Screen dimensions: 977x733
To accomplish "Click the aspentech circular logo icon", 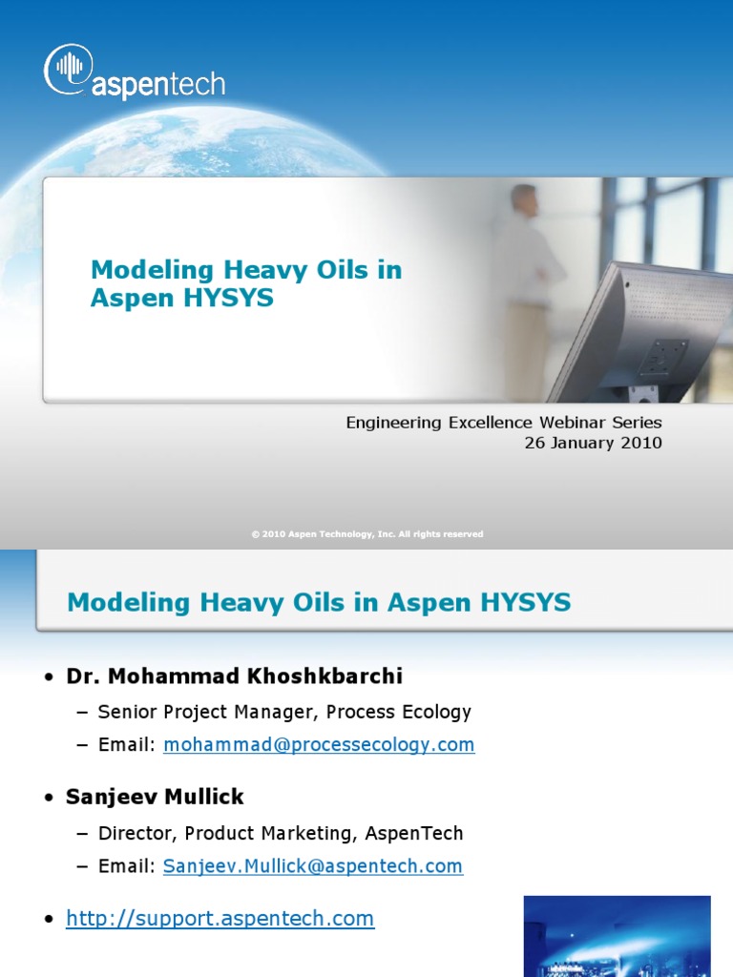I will point(67,70).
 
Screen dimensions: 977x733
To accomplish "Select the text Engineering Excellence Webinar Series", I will point(503,422).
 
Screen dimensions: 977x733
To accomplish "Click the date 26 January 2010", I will point(593,443).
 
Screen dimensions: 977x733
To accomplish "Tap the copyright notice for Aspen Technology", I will point(367,534).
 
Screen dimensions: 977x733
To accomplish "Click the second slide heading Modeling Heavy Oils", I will point(319,602).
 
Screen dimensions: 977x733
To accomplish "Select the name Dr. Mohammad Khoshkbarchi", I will point(234,676).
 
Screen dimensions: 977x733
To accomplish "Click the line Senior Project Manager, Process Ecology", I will point(284,712).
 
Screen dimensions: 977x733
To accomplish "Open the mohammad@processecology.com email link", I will point(319,745).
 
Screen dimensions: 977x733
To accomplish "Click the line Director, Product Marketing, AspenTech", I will point(281,833).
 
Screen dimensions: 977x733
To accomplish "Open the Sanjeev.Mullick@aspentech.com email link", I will point(313,866).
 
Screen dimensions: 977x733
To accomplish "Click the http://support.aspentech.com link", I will point(220,919).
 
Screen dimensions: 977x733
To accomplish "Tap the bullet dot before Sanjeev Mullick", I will point(49,799).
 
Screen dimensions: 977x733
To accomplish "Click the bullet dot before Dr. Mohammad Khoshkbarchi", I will point(49,677).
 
